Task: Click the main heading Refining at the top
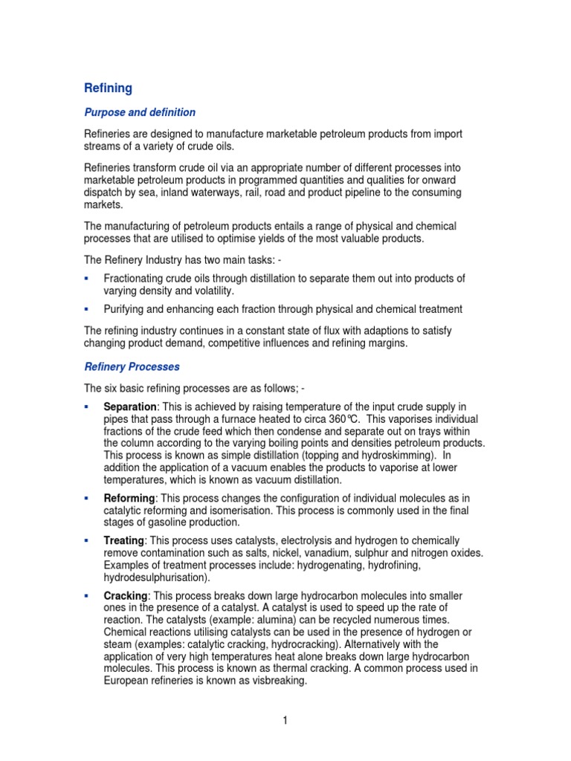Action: click(x=108, y=88)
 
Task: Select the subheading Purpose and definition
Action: click(x=140, y=112)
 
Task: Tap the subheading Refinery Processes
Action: click(x=132, y=367)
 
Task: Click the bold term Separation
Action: click(x=130, y=407)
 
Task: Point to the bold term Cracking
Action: click(x=126, y=596)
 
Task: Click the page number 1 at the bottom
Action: click(x=285, y=720)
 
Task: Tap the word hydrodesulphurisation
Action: click(x=156, y=577)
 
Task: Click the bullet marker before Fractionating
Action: click(x=87, y=278)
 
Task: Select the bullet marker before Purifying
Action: click(x=87, y=308)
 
